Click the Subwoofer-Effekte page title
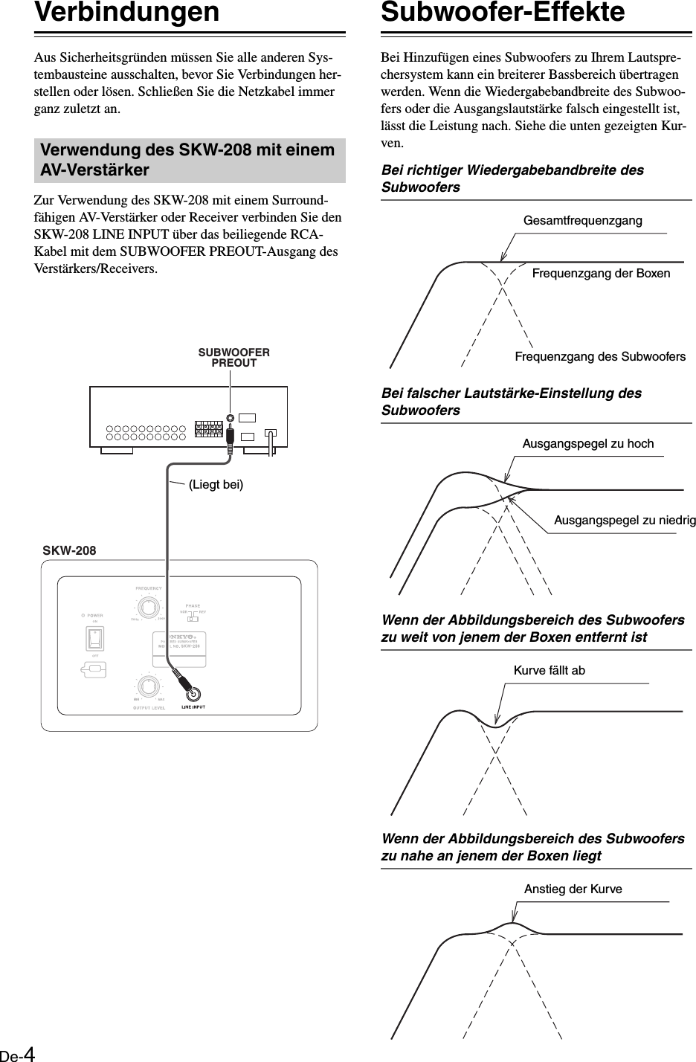point(503,13)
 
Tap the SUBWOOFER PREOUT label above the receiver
point(233,358)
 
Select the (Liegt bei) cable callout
point(216,485)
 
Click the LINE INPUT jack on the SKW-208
point(194,693)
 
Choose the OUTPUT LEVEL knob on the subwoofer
point(148,685)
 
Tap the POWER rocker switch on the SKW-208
point(95,640)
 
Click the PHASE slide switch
point(192,618)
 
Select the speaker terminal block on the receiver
point(208,428)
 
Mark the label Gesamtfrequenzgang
point(583,221)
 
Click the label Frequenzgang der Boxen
point(601,273)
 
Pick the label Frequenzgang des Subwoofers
point(600,357)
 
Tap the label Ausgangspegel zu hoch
point(588,444)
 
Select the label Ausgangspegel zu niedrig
point(625,521)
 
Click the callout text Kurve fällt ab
point(550,671)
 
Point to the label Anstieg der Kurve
point(573,889)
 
